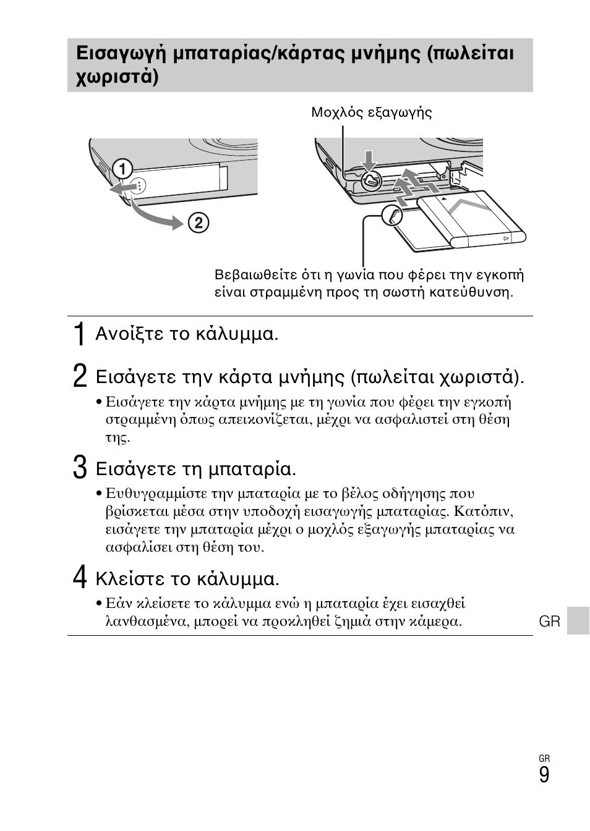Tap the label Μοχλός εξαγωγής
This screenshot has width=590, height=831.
(371, 112)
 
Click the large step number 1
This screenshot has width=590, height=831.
(79, 335)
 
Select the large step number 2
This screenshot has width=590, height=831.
(79, 376)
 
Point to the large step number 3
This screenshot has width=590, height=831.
(79, 468)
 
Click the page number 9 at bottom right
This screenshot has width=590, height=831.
(544, 775)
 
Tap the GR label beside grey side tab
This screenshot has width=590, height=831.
(549, 622)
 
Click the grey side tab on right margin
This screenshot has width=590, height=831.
(578, 620)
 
